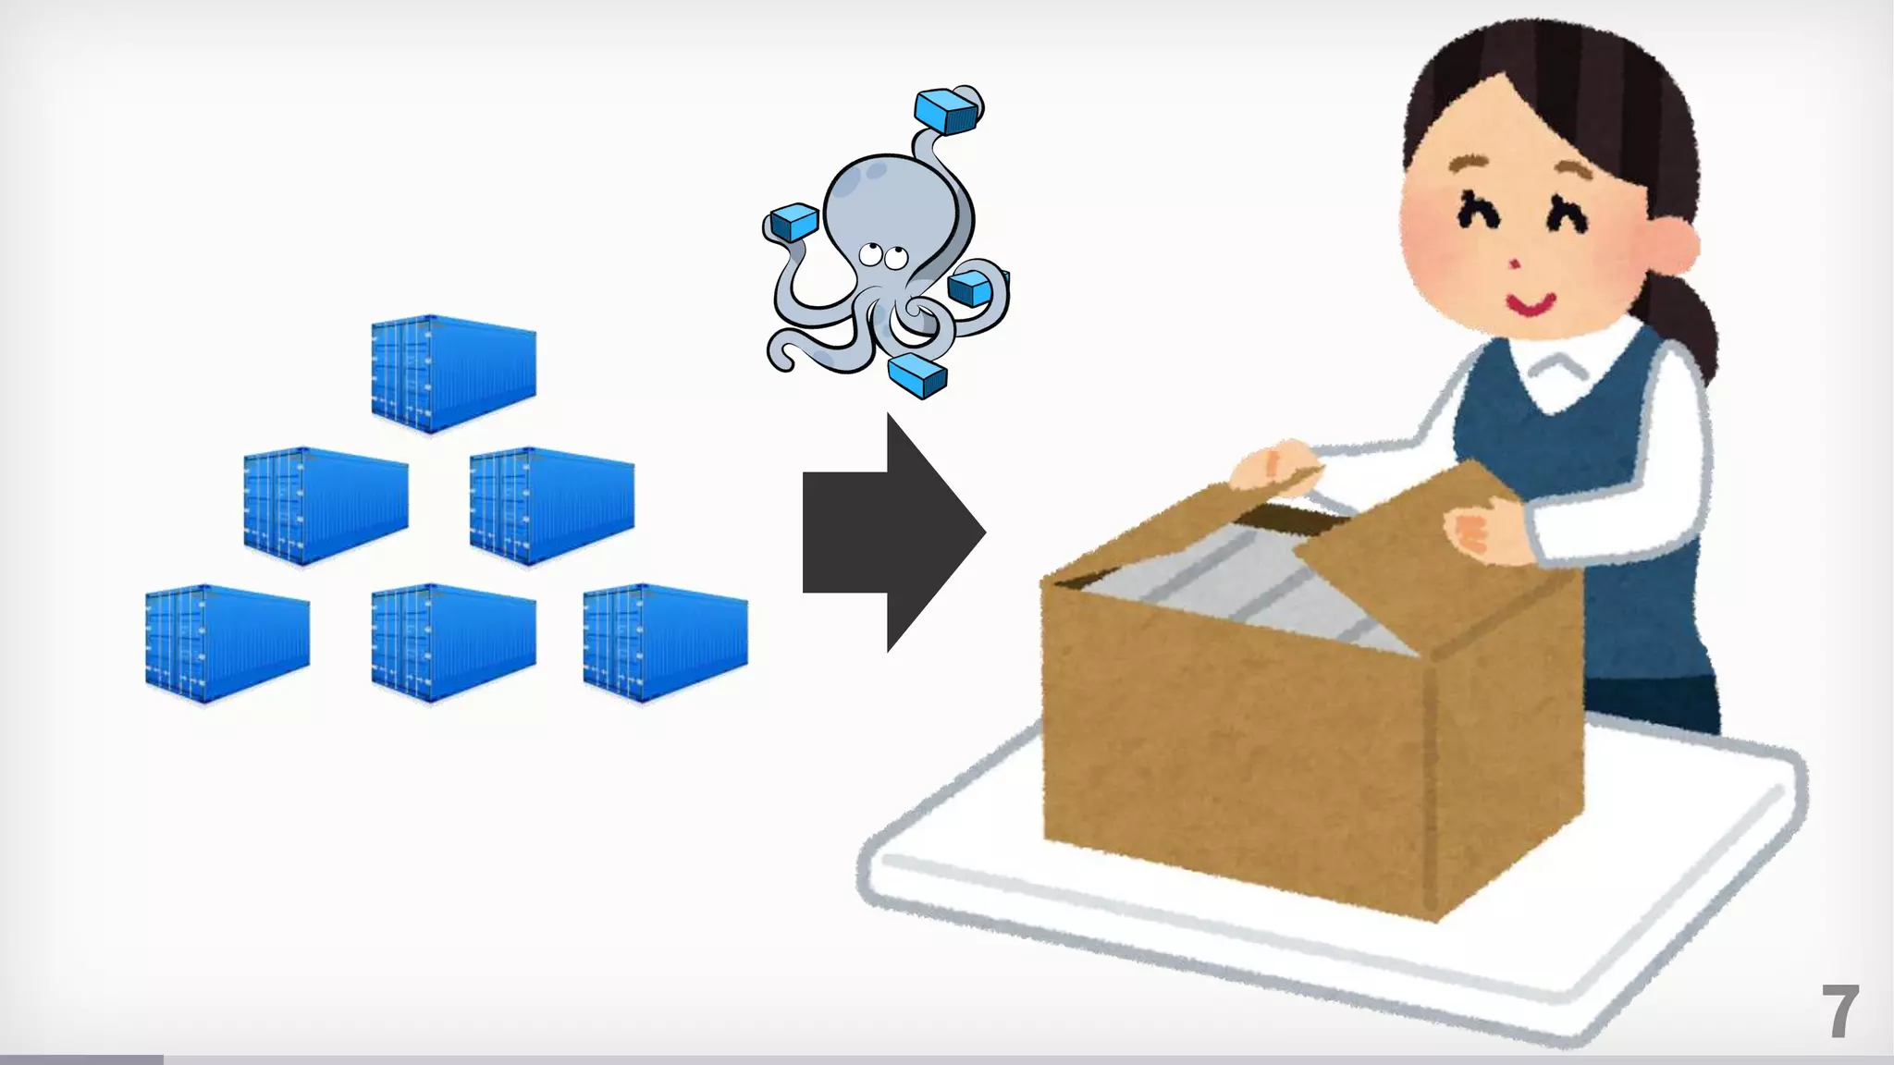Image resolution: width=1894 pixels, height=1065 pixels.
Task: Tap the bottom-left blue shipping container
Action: coord(228,643)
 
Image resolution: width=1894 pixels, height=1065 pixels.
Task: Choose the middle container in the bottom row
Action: coord(453,643)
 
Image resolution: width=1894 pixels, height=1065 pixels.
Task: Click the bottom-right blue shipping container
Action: coord(665,643)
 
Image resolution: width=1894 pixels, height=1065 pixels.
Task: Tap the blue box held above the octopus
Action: coord(945,111)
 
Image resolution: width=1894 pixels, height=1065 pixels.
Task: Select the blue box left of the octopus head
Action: coord(793,222)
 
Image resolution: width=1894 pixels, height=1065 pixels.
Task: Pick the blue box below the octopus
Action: coord(917,374)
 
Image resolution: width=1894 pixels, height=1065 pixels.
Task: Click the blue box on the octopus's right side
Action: coord(971,288)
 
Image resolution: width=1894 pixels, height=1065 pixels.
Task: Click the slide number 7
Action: coord(1839,1012)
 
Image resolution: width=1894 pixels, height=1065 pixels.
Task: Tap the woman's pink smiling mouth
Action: coord(1530,302)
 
